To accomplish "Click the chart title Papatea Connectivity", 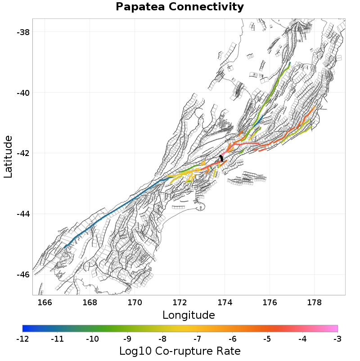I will [x=180, y=7].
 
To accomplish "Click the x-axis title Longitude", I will [x=189, y=315].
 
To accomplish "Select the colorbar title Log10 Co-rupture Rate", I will [x=180, y=351].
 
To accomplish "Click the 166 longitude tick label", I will [x=45, y=303].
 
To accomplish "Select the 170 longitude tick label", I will [x=135, y=303].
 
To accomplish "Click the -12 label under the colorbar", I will [x=22, y=338].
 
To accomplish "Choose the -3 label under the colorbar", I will [x=337, y=338].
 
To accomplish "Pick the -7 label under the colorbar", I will [x=197, y=338].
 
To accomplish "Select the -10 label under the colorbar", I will [x=92, y=338].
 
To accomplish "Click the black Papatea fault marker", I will [x=221, y=158].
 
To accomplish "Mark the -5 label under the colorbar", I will [x=267, y=338].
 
